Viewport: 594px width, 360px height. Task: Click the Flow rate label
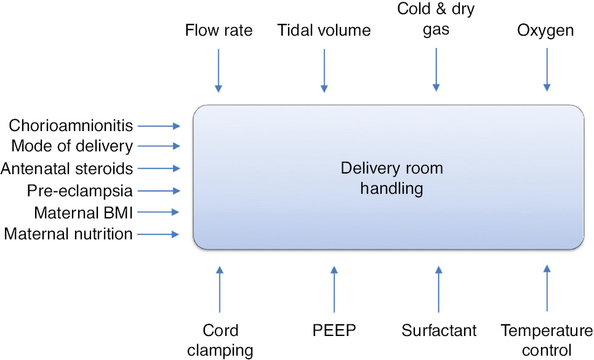pyautogui.click(x=219, y=30)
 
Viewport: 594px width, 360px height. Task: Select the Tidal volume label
pyautogui.click(x=324, y=30)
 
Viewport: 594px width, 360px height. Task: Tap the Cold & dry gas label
pyautogui.click(x=436, y=20)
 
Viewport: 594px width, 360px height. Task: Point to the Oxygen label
pyautogui.click(x=545, y=30)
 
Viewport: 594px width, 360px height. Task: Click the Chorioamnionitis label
pyautogui.click(x=71, y=126)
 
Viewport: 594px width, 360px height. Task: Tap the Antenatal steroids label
pyautogui.click(x=66, y=168)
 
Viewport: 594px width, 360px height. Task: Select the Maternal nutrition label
pyautogui.click(x=68, y=234)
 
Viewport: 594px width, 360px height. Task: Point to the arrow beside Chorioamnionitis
pyautogui.click(x=159, y=126)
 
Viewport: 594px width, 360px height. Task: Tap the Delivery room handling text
pyautogui.click(x=391, y=178)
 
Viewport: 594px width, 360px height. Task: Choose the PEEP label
pyautogui.click(x=334, y=330)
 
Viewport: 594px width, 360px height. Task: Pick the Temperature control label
pyautogui.click(x=546, y=340)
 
